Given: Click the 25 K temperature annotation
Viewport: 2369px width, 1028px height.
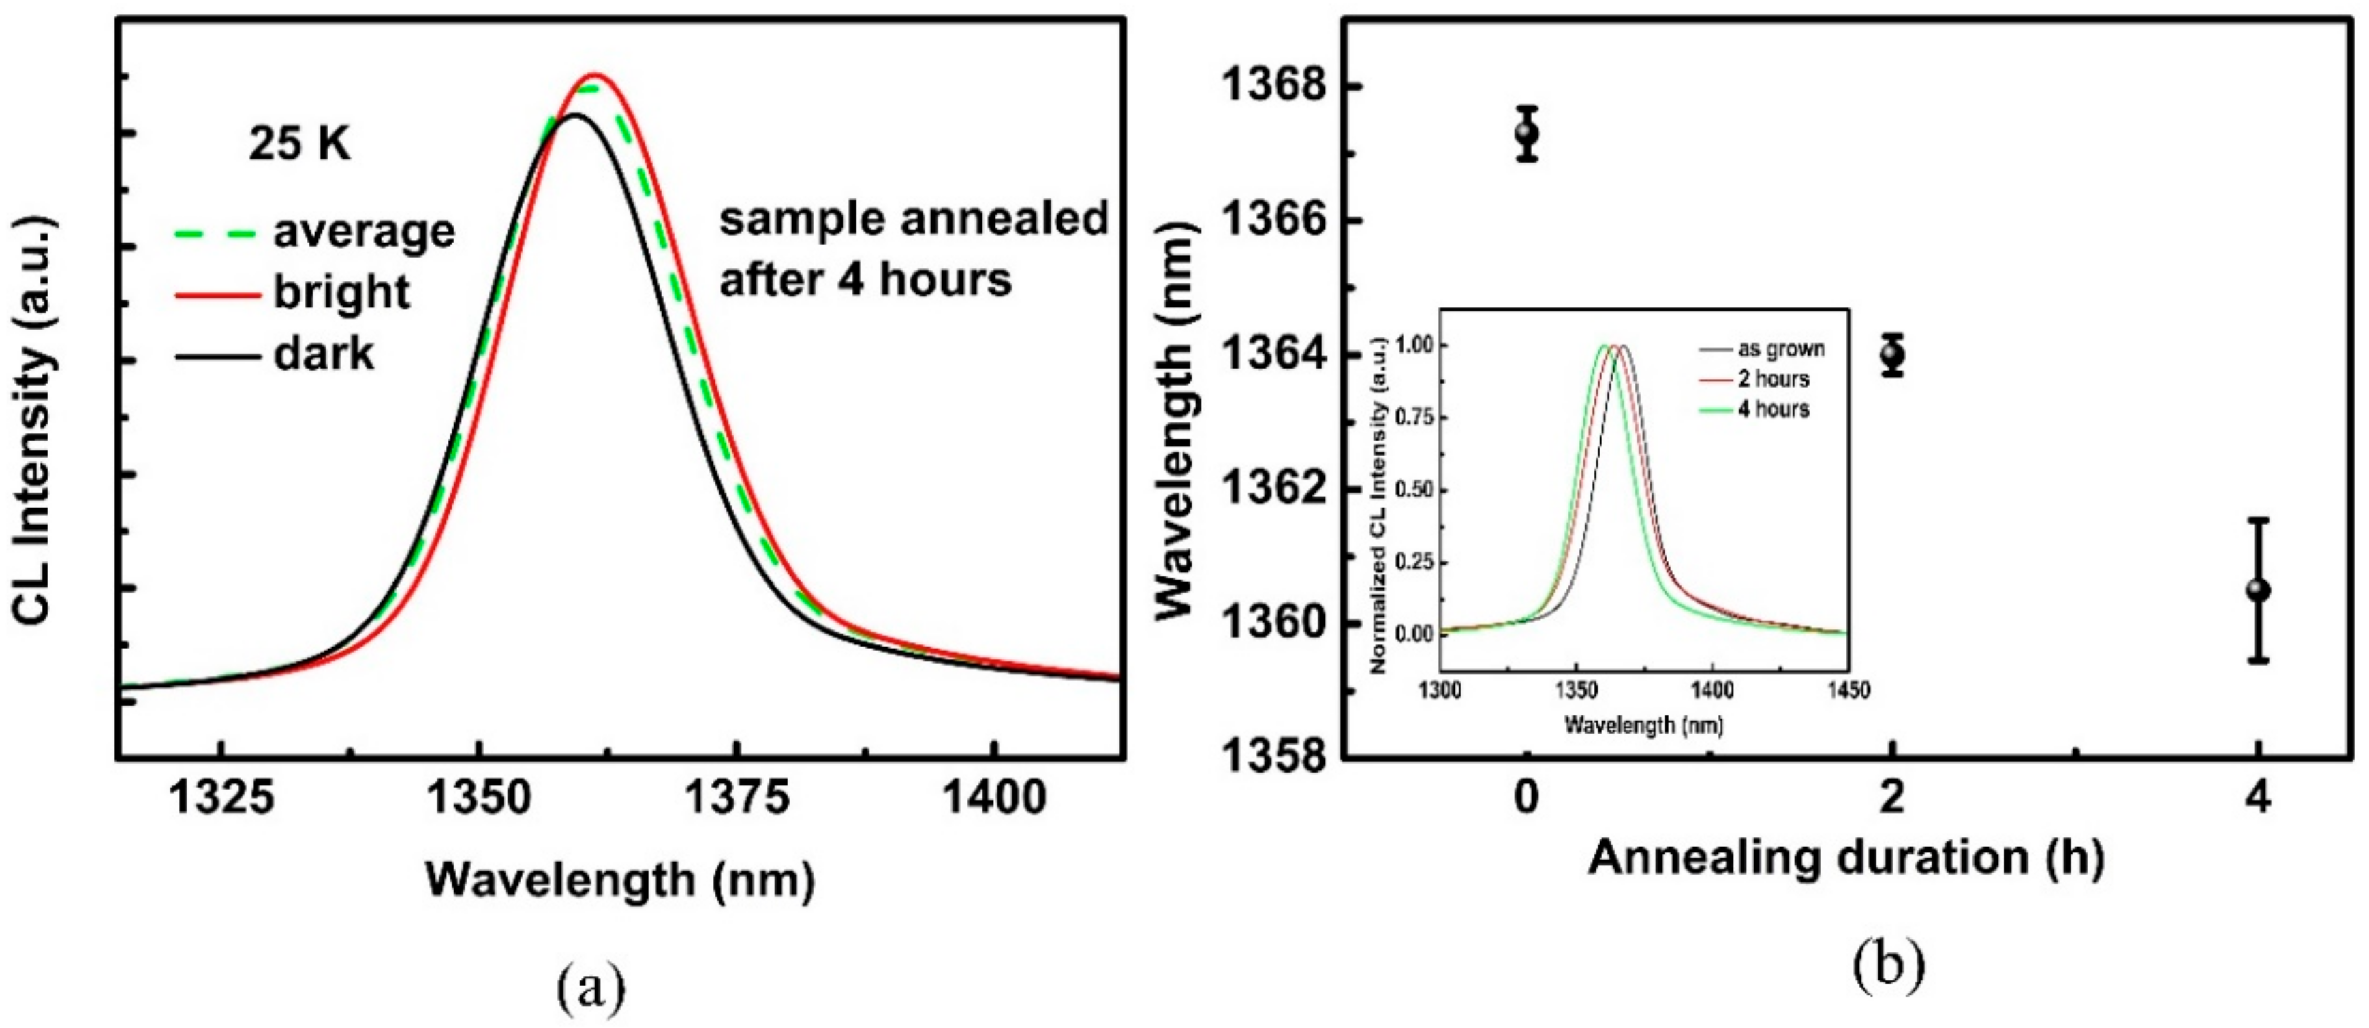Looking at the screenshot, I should tap(300, 144).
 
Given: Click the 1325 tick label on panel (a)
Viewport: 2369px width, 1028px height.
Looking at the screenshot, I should tap(221, 797).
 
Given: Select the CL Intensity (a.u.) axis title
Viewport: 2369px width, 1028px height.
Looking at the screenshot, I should tap(35, 420).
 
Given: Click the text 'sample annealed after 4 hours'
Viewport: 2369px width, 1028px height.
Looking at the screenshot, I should tap(912, 249).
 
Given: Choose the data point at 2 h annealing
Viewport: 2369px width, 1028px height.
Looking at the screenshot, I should tap(1891, 354).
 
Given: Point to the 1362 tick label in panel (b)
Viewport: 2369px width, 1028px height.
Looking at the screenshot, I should tap(1275, 489).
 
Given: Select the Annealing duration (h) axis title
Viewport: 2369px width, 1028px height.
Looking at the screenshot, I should tap(1846, 858).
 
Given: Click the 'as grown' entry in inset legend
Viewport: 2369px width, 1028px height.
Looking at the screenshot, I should tap(1780, 349).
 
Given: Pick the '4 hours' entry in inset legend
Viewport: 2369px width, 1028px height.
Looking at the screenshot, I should tap(1773, 409).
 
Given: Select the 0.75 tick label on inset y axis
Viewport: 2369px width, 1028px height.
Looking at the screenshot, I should tap(1414, 418).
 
